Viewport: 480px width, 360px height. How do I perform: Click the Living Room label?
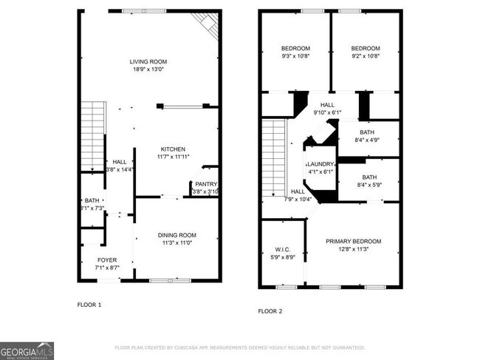[148, 62]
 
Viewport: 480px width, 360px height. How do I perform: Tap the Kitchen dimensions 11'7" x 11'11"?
[172, 157]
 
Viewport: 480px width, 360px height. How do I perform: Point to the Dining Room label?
[176, 235]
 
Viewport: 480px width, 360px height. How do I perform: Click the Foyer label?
[107, 259]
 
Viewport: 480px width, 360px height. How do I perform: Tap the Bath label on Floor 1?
[92, 200]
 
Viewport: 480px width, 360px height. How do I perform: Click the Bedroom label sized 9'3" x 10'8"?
[295, 48]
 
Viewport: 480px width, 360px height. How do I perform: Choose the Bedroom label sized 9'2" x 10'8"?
[365, 48]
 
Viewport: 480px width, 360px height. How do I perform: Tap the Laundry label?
[320, 164]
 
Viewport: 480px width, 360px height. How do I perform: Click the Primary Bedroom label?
[354, 242]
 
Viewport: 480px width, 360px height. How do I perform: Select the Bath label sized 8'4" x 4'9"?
[367, 132]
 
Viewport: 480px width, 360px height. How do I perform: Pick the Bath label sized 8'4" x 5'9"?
[369, 177]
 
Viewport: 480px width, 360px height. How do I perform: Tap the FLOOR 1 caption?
[89, 305]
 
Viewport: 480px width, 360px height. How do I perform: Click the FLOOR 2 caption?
[270, 311]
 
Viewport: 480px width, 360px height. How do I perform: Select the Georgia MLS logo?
[27, 350]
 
